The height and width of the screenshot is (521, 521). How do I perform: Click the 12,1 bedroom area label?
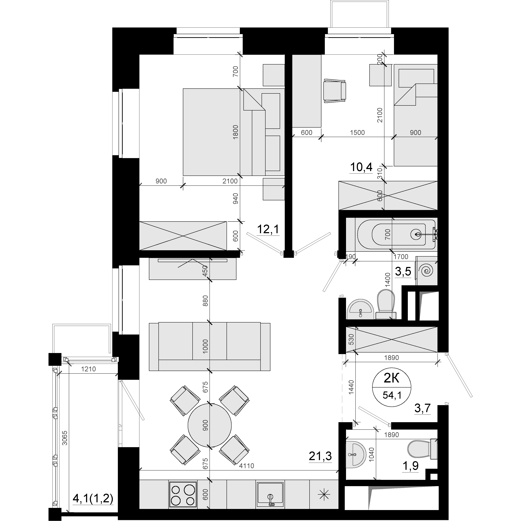pyautogui.click(x=268, y=229)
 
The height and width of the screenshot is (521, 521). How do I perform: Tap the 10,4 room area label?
pyautogui.click(x=361, y=167)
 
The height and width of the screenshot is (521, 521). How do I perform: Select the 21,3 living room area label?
pyautogui.click(x=320, y=456)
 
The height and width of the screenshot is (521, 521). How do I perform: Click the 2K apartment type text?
pyautogui.click(x=392, y=379)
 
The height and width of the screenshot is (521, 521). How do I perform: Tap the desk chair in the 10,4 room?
pyautogui.click(x=335, y=91)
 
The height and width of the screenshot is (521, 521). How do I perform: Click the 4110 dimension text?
pyautogui.click(x=246, y=466)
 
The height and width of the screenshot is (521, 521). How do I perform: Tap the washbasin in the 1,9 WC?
pyautogui.click(x=355, y=454)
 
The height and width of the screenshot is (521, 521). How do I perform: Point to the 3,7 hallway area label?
pyautogui.click(x=422, y=416)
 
